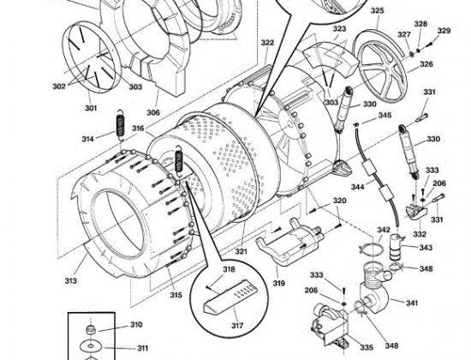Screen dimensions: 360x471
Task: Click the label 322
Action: point(268,43)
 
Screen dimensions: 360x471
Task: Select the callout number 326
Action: point(426,64)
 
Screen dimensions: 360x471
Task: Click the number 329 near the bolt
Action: point(443,31)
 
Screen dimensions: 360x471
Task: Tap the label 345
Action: point(385,116)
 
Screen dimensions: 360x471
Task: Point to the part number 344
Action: point(357,185)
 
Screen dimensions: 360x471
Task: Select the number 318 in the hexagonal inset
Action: point(228,270)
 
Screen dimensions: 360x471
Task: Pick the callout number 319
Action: point(279,283)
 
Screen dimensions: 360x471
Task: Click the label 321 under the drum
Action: point(241,251)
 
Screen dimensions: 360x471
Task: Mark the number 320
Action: point(339,201)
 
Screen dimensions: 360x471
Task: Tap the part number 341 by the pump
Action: point(411,303)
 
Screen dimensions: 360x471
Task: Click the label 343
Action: point(426,248)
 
